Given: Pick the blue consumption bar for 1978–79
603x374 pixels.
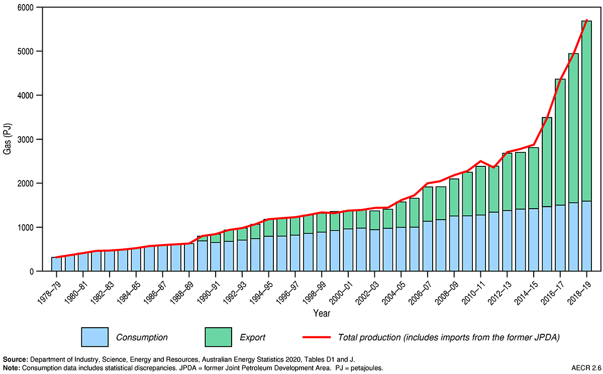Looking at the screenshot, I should (56, 264).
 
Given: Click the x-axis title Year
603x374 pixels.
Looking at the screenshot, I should (321, 313).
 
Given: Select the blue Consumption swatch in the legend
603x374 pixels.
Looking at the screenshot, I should (94, 336).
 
